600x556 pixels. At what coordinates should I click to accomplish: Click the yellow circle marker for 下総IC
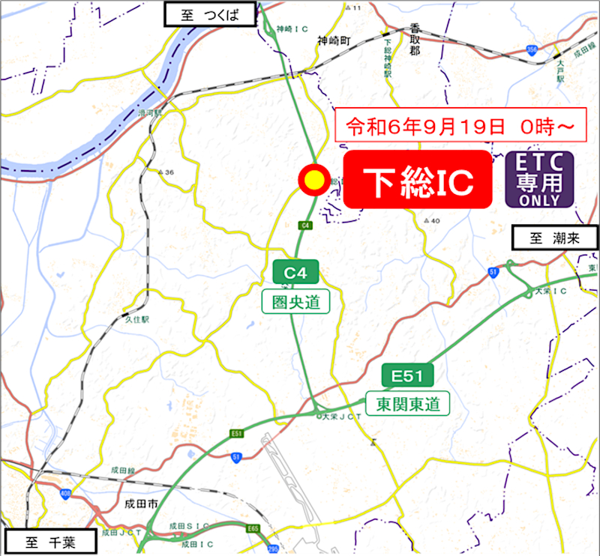(x=312, y=180)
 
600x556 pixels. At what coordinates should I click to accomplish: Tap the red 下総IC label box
(x=418, y=180)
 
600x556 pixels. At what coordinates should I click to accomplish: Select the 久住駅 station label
(x=137, y=319)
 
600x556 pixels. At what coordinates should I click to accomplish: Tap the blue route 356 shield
(x=532, y=50)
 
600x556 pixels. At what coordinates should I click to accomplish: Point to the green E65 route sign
(x=253, y=529)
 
